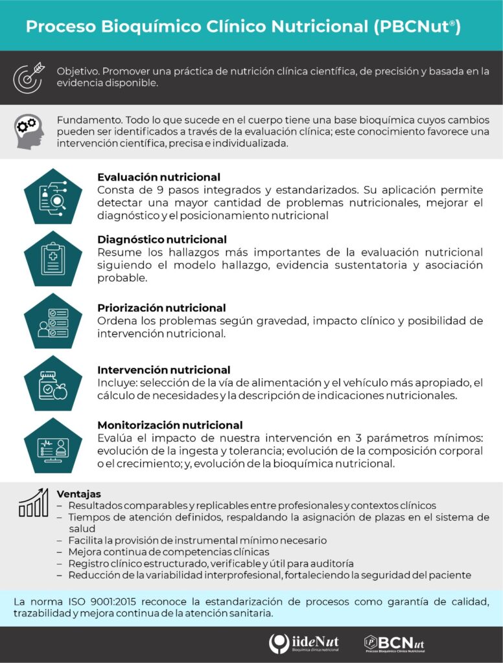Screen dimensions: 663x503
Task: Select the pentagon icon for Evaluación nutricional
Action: point(53,196)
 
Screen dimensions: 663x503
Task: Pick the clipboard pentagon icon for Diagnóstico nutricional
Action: point(53,259)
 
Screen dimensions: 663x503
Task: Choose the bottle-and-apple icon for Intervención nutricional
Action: point(53,383)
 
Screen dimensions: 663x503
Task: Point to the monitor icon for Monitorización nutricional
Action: point(53,444)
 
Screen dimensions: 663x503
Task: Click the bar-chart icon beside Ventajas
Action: point(33,503)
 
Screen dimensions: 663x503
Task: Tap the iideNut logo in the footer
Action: point(303,644)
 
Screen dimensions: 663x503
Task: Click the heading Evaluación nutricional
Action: point(159,177)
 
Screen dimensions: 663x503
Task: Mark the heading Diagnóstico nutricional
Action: point(162,240)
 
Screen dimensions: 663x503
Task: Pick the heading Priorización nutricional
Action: point(161,308)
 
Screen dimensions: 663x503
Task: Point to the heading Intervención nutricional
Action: point(163,370)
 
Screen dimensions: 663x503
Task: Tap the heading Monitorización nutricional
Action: point(170,425)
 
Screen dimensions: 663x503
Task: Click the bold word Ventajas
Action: point(78,493)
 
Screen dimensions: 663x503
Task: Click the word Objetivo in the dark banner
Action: point(77,71)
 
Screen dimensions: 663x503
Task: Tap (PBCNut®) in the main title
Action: point(417,27)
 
